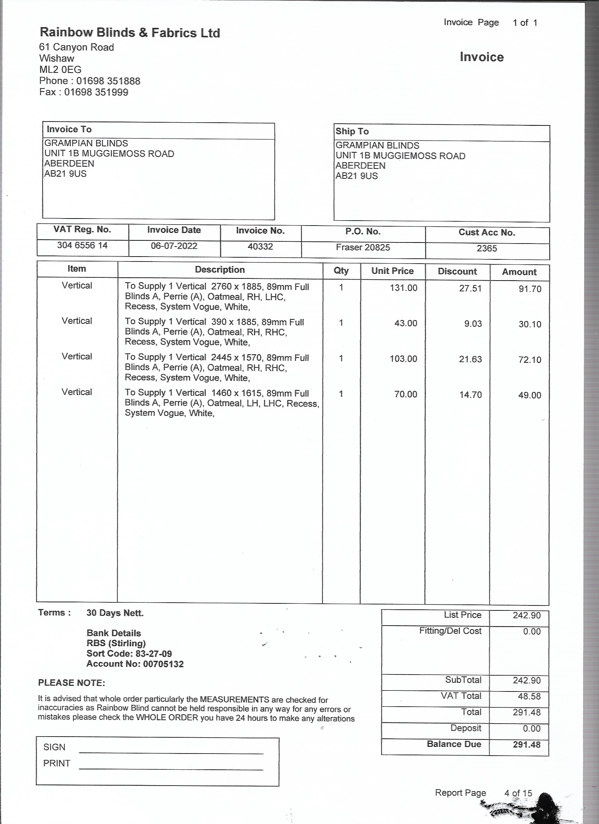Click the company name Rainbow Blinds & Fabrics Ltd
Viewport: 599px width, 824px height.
pos(130,33)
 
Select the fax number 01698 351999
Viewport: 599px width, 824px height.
pos(96,92)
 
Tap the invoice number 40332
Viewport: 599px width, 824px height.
pos(260,247)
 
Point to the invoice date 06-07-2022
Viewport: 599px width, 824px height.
pos(174,246)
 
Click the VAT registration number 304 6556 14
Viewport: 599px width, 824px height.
pos(82,245)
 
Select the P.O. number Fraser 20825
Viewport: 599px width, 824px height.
pos(363,247)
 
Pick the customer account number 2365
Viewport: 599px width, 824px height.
pos(487,248)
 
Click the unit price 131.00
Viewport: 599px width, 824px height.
pos(403,288)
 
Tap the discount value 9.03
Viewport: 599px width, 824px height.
pos(473,324)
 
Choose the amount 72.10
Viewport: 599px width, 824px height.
pos(530,360)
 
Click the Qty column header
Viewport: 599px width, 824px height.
pos(341,270)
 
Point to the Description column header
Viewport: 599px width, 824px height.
pos(220,270)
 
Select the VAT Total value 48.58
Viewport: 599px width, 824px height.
pos(527,696)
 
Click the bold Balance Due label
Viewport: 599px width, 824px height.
pos(454,744)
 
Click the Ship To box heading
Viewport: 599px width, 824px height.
pos(352,131)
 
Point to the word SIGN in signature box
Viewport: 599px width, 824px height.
pos(55,747)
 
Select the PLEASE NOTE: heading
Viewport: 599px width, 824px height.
pos(72,683)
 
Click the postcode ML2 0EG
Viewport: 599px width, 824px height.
pos(60,69)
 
